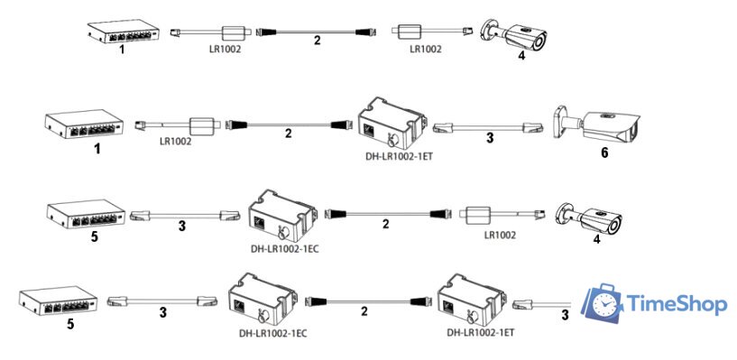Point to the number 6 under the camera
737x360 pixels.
[x=604, y=152]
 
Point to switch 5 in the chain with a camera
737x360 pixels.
[x=83, y=214]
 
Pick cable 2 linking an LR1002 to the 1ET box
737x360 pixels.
[x=288, y=125]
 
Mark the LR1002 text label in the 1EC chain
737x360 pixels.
[x=499, y=237]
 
